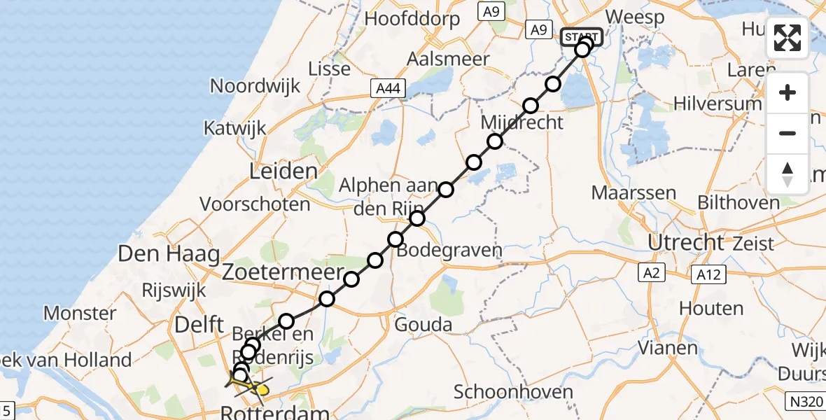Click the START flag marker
click(581, 36)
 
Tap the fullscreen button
click(787, 38)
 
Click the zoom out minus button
click(787, 133)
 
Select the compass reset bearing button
click(787, 174)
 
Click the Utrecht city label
click(685, 242)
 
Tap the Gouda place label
click(423, 325)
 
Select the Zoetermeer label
click(283, 272)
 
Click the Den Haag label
click(169, 253)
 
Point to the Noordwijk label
click(255, 86)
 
